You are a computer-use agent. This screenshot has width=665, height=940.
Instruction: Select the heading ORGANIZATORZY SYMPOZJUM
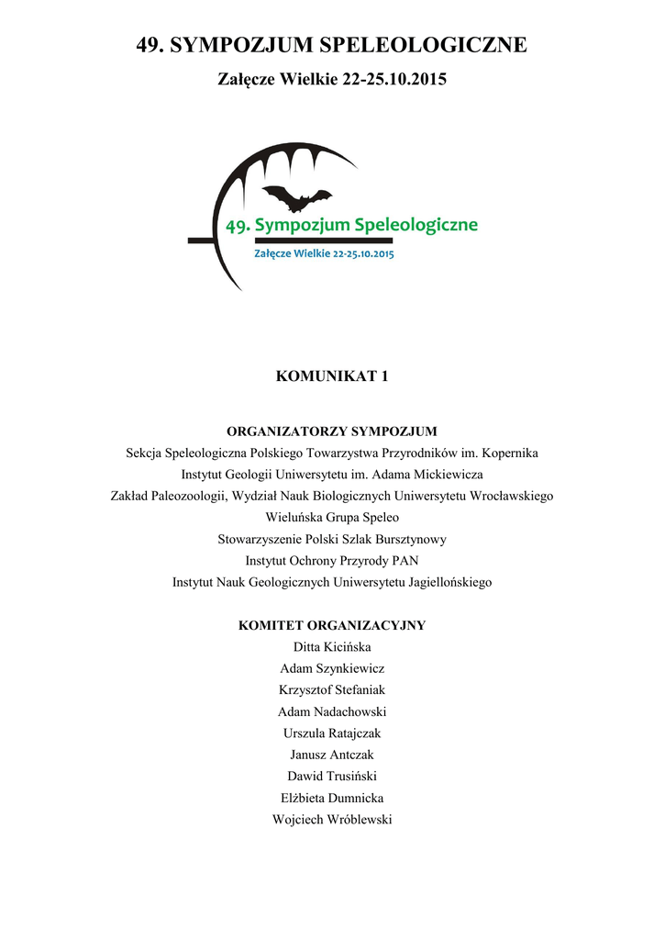point(332,431)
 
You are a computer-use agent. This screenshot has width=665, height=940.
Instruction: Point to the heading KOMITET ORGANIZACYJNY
point(332,625)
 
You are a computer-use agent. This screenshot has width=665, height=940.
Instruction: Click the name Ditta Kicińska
point(332,647)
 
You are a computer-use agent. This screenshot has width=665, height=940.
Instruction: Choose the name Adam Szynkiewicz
point(332,668)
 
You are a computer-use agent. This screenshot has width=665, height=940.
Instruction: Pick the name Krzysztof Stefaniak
point(332,690)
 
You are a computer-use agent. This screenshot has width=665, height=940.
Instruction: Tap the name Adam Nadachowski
point(332,711)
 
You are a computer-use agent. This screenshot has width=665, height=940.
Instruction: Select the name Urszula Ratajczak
point(332,733)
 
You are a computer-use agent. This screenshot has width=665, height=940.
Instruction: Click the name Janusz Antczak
point(332,755)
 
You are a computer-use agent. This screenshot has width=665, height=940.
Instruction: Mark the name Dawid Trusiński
point(332,777)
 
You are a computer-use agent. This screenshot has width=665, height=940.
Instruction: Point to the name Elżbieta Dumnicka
point(332,798)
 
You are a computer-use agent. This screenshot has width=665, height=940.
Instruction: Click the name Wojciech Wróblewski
point(332,820)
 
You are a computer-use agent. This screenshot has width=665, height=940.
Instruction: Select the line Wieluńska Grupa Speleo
point(332,518)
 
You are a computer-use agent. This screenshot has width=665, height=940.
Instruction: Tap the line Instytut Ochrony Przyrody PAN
point(332,560)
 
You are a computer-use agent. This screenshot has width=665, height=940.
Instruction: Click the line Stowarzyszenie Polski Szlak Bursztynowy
point(332,539)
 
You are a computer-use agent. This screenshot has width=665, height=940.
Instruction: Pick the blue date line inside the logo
point(324,254)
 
